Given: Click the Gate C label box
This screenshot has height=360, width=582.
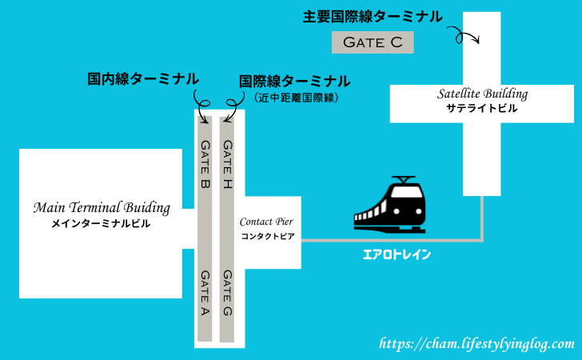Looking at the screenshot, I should (x=373, y=42).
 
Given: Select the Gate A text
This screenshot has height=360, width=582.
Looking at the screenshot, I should (x=205, y=293).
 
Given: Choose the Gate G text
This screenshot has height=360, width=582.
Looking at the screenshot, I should (x=228, y=293).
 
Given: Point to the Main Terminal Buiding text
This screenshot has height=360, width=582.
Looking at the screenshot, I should (x=102, y=208).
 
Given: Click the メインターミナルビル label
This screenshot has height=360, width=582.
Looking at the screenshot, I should (x=102, y=225).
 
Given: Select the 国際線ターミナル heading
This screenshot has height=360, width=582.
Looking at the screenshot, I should (x=294, y=81).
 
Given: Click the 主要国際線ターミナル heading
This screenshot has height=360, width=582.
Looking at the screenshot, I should (x=373, y=16).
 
